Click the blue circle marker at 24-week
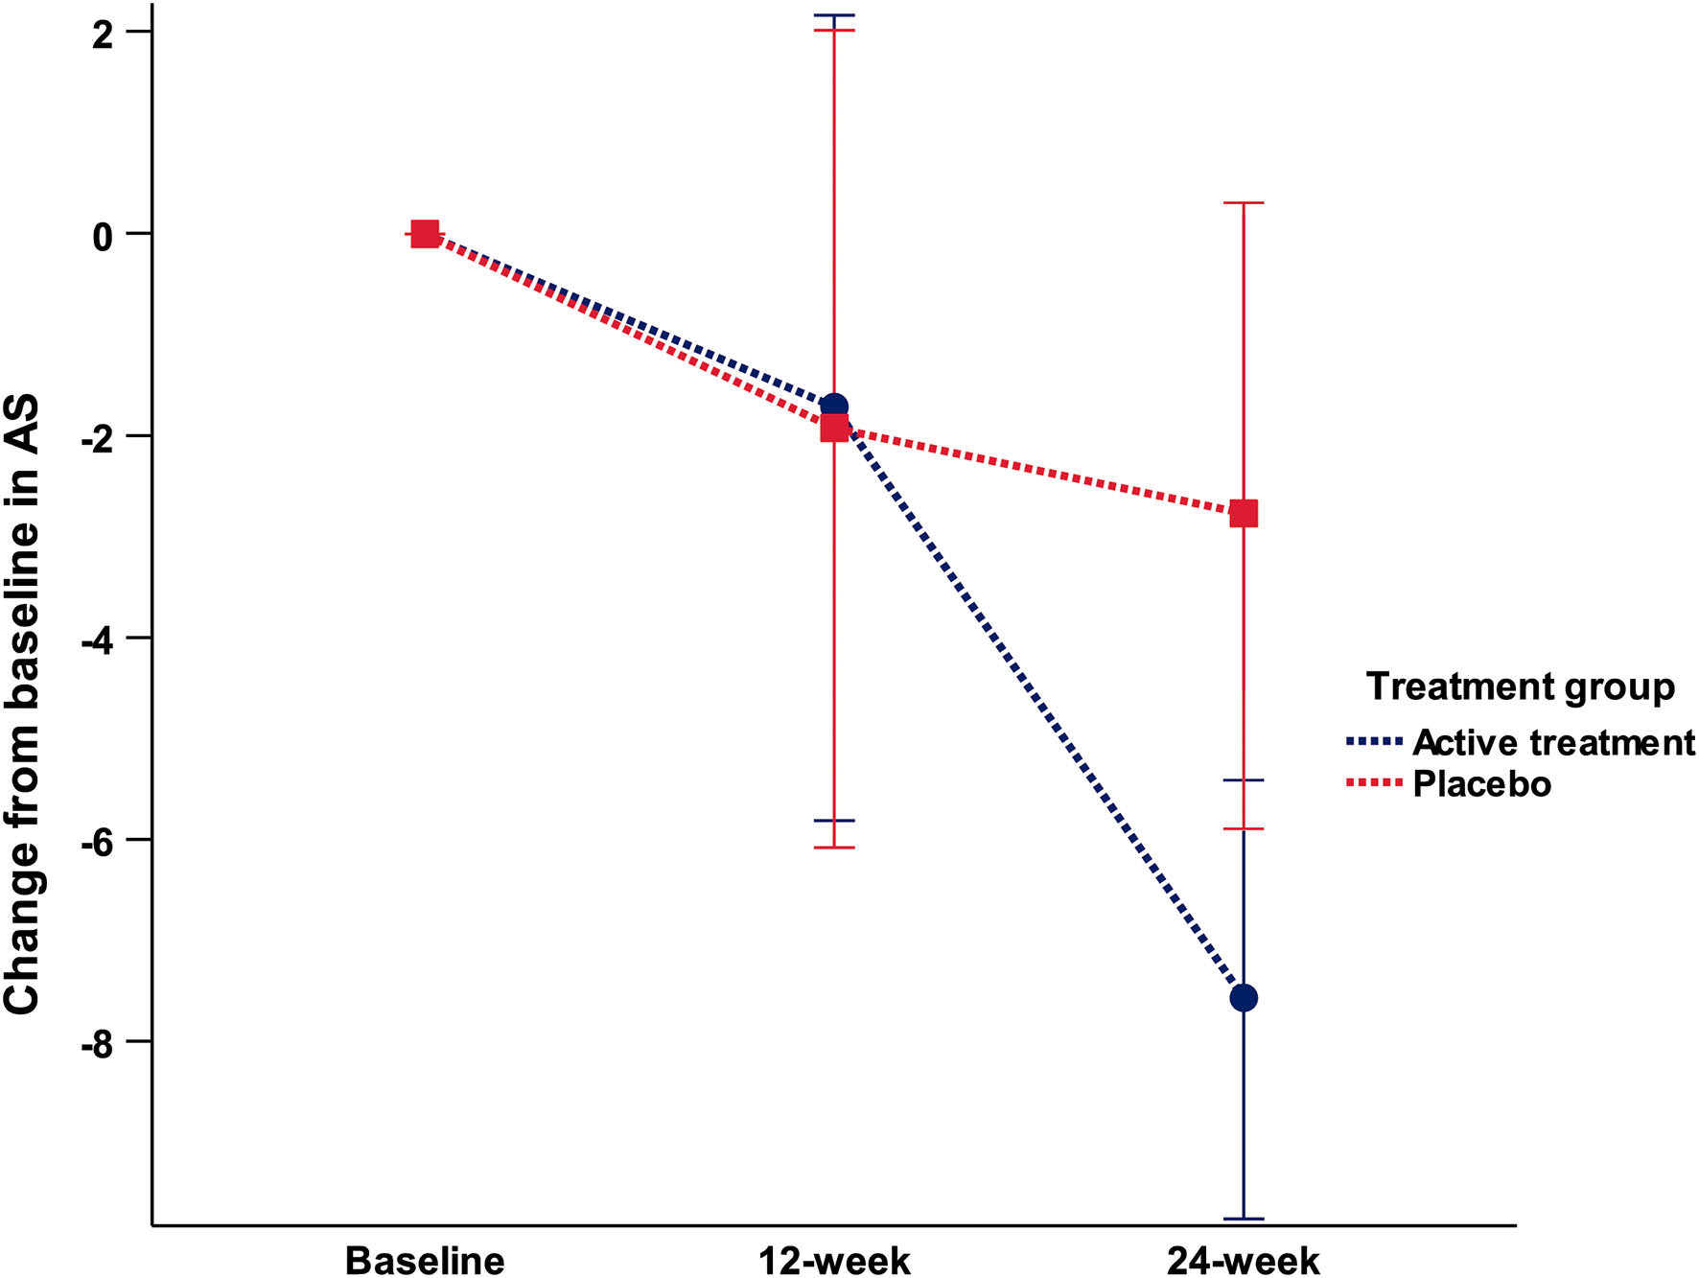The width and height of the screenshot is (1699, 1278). pos(1244,998)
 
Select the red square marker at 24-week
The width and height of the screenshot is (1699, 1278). pos(1244,514)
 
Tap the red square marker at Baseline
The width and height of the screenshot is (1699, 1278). pos(425,233)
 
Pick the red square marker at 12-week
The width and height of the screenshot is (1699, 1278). pos(834,428)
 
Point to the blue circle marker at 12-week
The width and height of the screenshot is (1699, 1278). pos(834,406)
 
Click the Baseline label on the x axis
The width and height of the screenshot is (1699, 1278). pos(425,1260)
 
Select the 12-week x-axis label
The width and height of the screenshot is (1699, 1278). pos(834,1260)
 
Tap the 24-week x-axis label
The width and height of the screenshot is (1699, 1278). pos(1244,1260)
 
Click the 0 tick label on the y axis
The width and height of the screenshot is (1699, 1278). pos(103,235)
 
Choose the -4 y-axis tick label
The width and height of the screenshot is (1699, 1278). pos(97,639)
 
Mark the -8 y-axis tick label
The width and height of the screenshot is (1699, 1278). pos(97,1043)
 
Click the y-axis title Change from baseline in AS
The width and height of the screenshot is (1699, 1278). pos(23,705)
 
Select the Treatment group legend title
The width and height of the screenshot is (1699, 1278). pos(1521,686)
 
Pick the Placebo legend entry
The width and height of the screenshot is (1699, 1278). pos(1482,784)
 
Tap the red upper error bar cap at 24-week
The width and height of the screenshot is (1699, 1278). pos(1244,203)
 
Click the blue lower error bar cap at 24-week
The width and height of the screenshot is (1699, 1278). pos(1244,1219)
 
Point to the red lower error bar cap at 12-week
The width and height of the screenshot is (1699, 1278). pos(834,848)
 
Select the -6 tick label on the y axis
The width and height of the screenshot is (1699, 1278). pos(97,841)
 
